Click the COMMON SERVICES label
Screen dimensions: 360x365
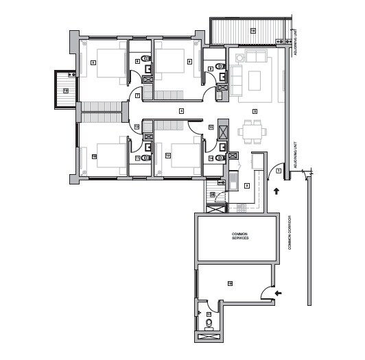point(239,237)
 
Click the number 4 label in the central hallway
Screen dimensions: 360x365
point(181,111)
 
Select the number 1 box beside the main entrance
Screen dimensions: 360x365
point(279,169)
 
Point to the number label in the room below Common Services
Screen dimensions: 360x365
point(231,283)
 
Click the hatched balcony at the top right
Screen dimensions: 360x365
point(248,31)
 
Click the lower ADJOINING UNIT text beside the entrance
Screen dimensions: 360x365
point(294,158)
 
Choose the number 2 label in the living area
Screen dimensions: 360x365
point(255,111)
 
